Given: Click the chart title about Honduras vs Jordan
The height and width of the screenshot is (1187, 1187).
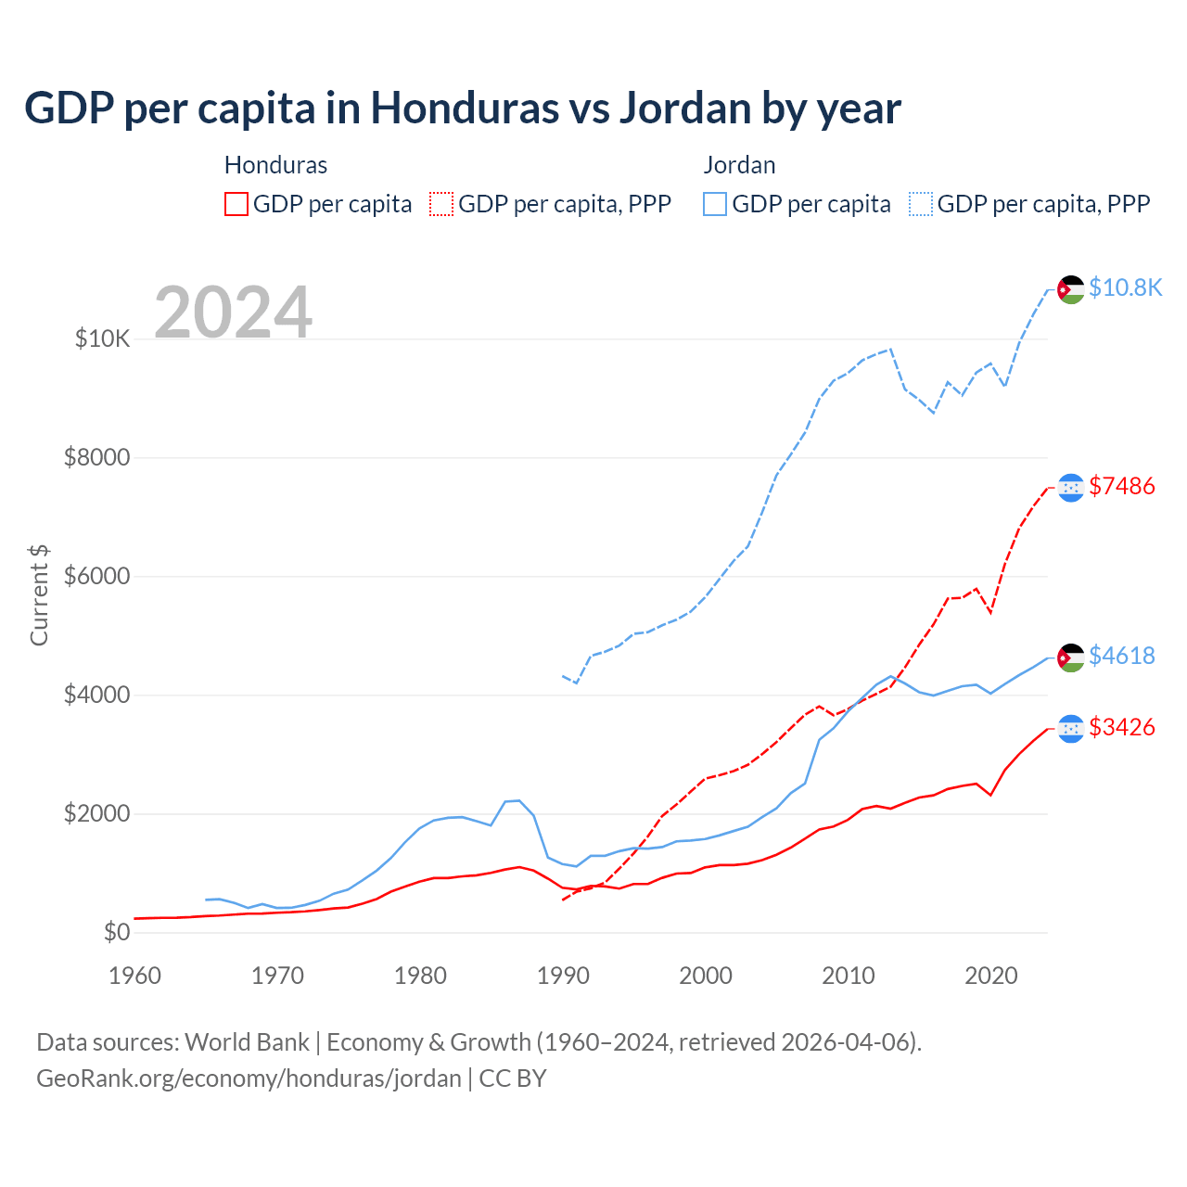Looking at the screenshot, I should tap(462, 108).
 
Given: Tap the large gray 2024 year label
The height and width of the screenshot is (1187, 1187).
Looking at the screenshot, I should tap(233, 313).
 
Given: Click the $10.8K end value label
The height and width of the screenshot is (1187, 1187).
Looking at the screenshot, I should tap(1125, 287).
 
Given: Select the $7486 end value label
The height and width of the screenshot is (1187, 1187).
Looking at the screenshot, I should tap(1121, 486).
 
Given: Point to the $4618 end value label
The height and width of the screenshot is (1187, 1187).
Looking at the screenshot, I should tap(1121, 656).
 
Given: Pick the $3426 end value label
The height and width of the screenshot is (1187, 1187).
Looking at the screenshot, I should tap(1121, 727).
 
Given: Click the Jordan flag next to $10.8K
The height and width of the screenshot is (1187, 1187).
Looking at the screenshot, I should tap(1071, 289).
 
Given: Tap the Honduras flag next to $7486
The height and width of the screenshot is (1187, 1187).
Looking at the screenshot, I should tap(1071, 488).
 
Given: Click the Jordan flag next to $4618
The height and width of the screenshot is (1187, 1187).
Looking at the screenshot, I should tap(1071, 657).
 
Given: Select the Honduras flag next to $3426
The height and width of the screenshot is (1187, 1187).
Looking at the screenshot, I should tap(1071, 729).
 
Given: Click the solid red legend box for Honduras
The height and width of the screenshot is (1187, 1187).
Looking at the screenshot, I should tap(236, 204).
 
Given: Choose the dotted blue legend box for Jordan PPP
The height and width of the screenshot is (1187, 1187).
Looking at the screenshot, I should tap(921, 204).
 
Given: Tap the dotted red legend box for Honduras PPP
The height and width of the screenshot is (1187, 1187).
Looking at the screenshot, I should tap(442, 204).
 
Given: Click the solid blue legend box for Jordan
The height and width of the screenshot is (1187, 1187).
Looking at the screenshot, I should tap(715, 204).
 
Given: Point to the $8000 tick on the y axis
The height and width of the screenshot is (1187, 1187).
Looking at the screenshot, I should tap(96, 458).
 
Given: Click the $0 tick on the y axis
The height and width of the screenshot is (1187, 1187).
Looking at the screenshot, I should tap(116, 932).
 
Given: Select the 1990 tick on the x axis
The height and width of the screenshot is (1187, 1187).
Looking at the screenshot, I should tap(563, 976).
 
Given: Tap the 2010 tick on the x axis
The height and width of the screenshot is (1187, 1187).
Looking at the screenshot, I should tap(849, 976).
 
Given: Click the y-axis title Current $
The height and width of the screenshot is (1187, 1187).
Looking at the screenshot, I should tap(39, 594).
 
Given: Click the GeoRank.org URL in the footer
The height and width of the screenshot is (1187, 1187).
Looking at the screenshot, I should tap(249, 1079).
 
